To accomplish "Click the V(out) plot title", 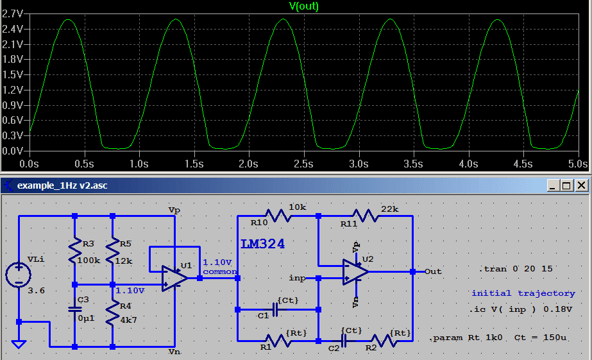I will [x=303, y=6].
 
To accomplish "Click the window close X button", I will [x=580, y=185].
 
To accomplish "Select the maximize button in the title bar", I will [x=566, y=185].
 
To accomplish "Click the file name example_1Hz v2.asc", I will [x=62, y=186].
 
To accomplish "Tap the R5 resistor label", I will [x=125, y=244].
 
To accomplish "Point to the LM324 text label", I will [x=263, y=244].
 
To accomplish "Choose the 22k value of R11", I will [x=389, y=209].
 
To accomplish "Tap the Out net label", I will [x=433, y=271].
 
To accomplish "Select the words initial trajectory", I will [x=523, y=293].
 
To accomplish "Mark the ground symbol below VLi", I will [x=19, y=344].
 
